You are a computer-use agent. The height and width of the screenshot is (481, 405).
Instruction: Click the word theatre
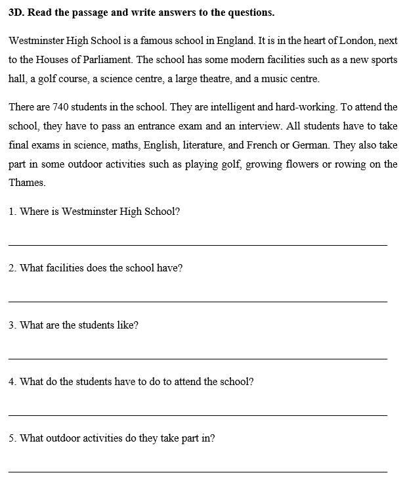click(x=234, y=79)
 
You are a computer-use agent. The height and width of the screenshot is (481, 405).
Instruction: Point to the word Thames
click(x=27, y=183)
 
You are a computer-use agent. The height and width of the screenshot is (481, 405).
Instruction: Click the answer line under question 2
click(x=198, y=302)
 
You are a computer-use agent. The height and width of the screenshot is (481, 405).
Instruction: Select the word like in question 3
click(x=127, y=325)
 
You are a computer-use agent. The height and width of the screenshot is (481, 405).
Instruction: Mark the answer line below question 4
click(x=198, y=415)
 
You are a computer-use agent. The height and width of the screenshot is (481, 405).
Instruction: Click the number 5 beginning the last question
click(x=12, y=438)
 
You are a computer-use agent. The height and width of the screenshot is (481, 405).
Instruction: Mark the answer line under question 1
click(x=198, y=245)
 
